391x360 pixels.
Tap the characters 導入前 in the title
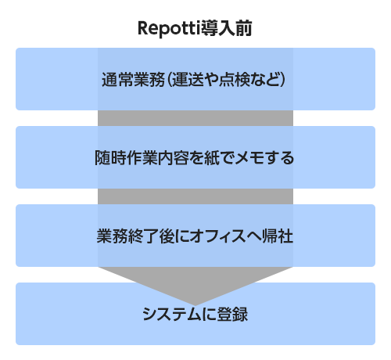(226, 28)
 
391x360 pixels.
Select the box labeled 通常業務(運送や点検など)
(195, 79)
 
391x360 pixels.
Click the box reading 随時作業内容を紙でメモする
(195, 157)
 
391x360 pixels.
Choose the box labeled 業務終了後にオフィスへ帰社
(195, 236)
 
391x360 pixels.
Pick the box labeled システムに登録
(195, 314)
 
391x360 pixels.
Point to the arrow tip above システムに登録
(195, 305)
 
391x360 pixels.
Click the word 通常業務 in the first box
(133, 79)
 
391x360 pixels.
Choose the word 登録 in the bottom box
(232, 315)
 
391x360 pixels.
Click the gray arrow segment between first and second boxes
(195, 118)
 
